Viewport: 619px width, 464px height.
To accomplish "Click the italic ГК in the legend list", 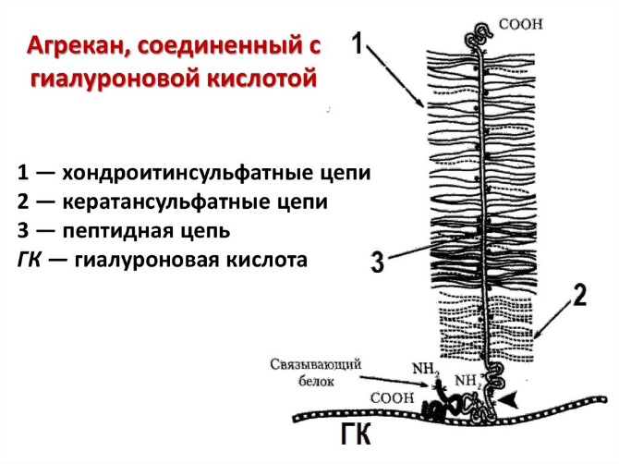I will click(x=29, y=260).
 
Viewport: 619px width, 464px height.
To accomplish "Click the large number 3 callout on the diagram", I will click(x=376, y=262).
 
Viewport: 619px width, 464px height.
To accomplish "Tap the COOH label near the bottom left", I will click(x=387, y=398).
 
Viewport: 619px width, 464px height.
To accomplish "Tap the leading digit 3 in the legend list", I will click(x=20, y=230).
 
